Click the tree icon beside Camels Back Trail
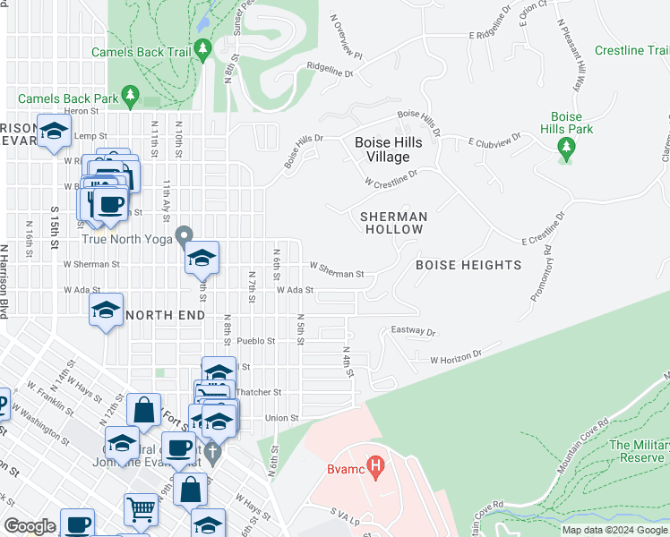[x=203, y=49]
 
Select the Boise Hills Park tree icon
[x=565, y=147]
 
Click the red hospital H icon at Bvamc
[x=377, y=465]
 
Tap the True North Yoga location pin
[x=184, y=237]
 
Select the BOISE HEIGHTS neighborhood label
[x=468, y=265]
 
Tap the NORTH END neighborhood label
[x=167, y=315]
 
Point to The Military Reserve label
[x=639, y=451]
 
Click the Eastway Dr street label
[x=413, y=332]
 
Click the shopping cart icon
[x=141, y=510]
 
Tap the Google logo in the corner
[x=30, y=526]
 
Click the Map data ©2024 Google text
[x=614, y=530]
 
